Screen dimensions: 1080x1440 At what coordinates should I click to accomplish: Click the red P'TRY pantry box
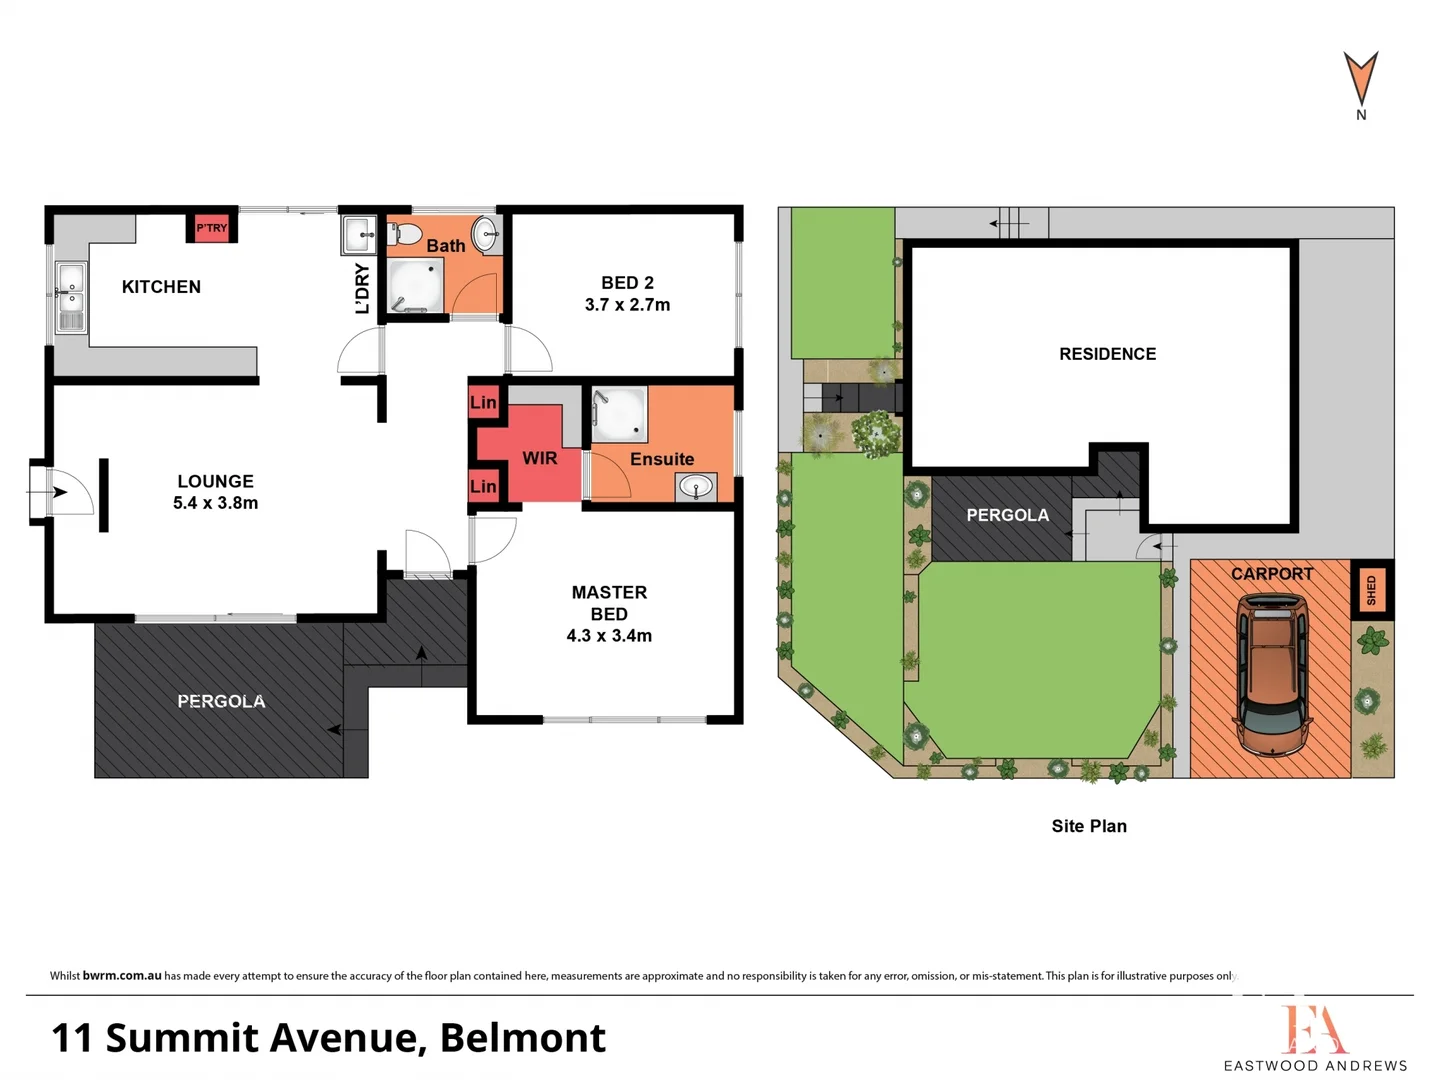pos(211,228)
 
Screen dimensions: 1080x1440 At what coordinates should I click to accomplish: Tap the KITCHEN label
pos(161,287)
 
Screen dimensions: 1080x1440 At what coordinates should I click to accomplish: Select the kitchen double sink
pos(71,296)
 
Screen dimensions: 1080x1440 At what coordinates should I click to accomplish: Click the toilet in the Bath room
pos(406,235)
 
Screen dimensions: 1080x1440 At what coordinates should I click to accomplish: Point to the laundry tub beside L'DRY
pos(358,236)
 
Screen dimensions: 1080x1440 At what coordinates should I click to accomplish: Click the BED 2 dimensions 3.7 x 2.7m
pos(627,305)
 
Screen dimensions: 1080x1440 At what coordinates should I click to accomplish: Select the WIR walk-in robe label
pos(539,458)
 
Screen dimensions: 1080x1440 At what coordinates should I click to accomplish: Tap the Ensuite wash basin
pos(695,487)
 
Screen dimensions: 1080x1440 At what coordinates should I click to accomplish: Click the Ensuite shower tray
pos(619,414)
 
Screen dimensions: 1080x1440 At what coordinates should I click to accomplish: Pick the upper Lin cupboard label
pos(483,402)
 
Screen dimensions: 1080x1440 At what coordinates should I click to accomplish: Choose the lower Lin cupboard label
pos(483,486)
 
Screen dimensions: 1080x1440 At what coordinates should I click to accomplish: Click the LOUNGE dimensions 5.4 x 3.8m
pos(215,503)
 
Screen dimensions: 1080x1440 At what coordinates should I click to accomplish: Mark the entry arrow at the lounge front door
pos(58,492)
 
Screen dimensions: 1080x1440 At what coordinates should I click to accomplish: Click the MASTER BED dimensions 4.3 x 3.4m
pos(609,636)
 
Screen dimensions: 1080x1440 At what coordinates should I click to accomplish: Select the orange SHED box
pos(1371,590)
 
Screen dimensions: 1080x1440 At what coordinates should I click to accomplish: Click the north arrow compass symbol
pos(1360,80)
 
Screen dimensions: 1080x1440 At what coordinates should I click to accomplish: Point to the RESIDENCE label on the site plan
pos(1107,354)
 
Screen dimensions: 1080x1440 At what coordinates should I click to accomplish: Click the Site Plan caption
pos(1089,826)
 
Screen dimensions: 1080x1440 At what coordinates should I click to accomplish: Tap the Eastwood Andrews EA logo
pos(1314,1030)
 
